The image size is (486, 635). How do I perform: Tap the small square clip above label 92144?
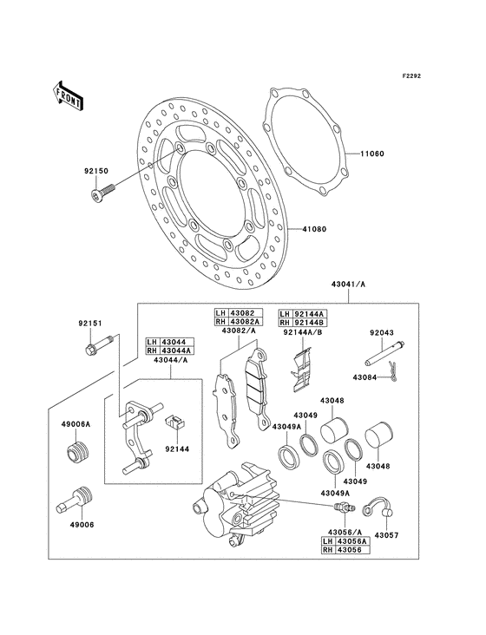(173, 422)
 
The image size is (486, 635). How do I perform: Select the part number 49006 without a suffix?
(72, 526)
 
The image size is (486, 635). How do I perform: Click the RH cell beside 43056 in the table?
(328, 550)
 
